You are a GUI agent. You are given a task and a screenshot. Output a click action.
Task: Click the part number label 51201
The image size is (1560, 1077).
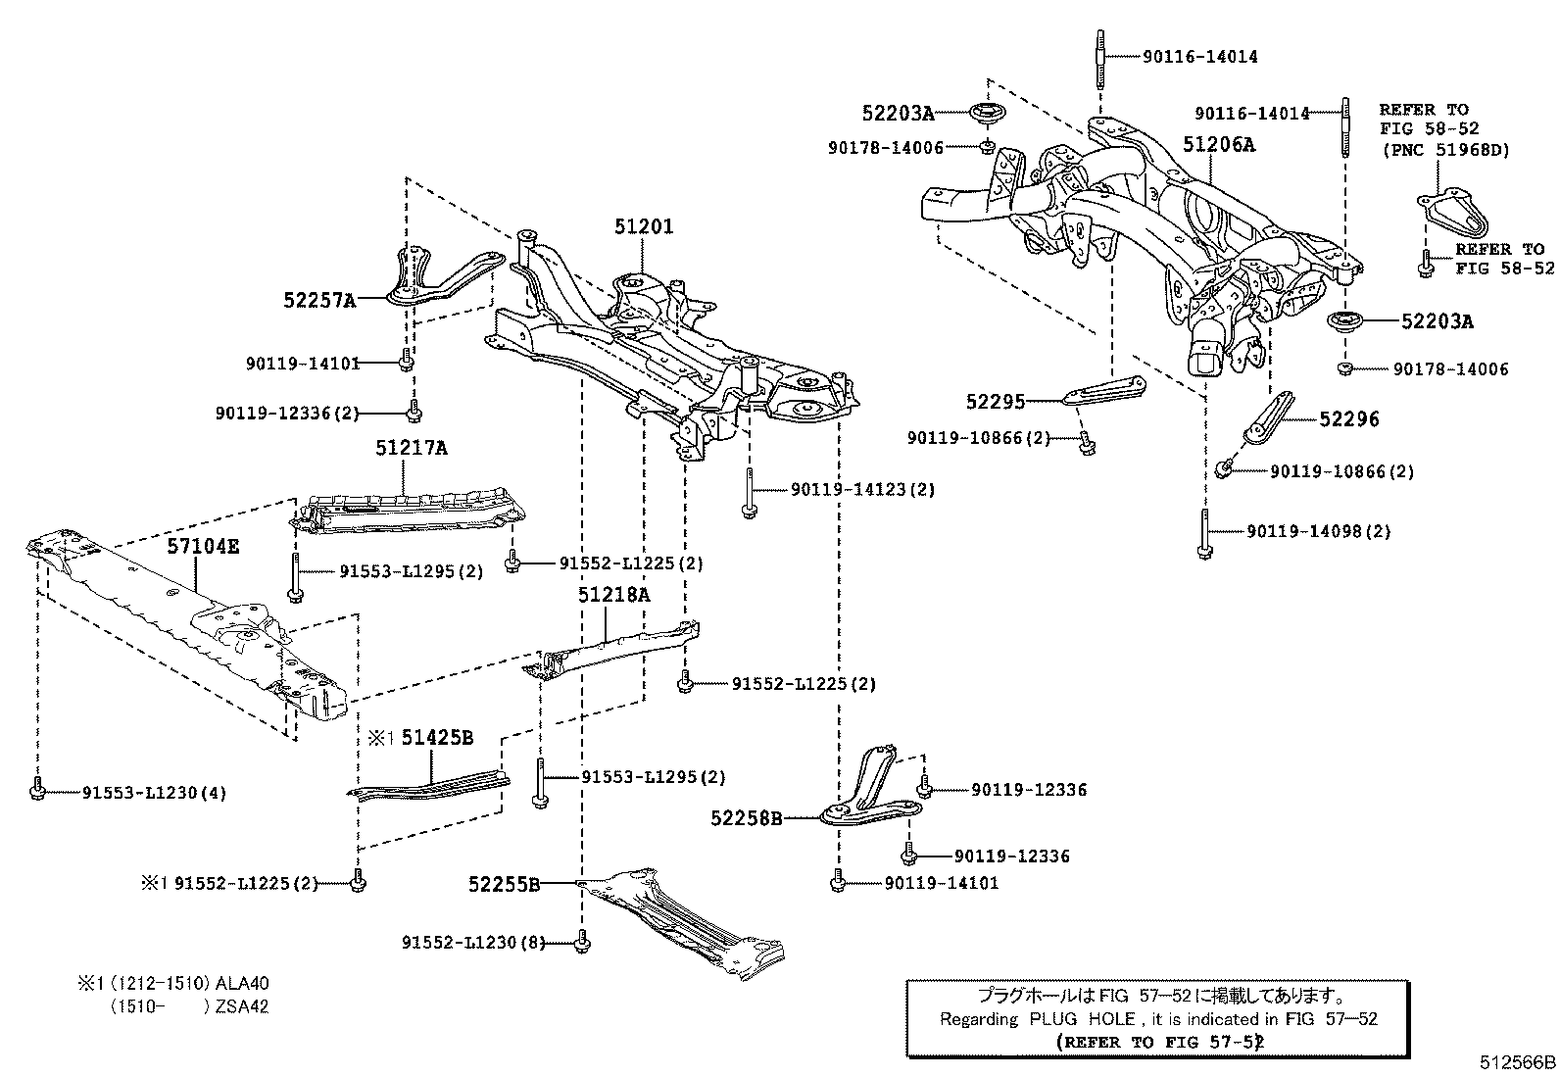click(644, 226)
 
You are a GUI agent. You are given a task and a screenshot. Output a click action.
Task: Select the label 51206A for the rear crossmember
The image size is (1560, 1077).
click(1218, 145)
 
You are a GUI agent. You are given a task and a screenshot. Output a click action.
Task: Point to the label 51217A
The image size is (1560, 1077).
click(411, 448)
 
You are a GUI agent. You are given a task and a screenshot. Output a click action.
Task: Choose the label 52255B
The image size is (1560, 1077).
click(504, 884)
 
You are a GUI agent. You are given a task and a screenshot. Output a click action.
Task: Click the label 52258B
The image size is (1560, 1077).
click(746, 817)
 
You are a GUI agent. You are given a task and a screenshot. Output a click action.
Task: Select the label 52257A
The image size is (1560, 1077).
click(319, 301)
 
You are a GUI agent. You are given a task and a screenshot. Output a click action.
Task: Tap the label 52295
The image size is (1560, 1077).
click(994, 401)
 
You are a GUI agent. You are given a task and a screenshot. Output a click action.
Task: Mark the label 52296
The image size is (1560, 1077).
click(1348, 419)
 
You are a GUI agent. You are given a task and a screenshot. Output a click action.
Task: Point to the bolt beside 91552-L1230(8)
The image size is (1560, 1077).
click(583, 942)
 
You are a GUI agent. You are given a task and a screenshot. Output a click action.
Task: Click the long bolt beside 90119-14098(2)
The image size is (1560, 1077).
click(1204, 534)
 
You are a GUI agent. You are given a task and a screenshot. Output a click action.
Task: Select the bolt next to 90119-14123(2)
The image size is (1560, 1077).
click(748, 491)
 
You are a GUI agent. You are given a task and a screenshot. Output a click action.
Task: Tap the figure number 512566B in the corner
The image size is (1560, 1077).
click(1518, 1061)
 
